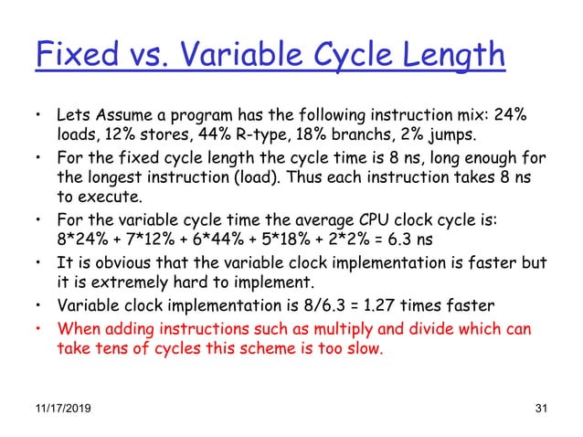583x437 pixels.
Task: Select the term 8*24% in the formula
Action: [x=82, y=241]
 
